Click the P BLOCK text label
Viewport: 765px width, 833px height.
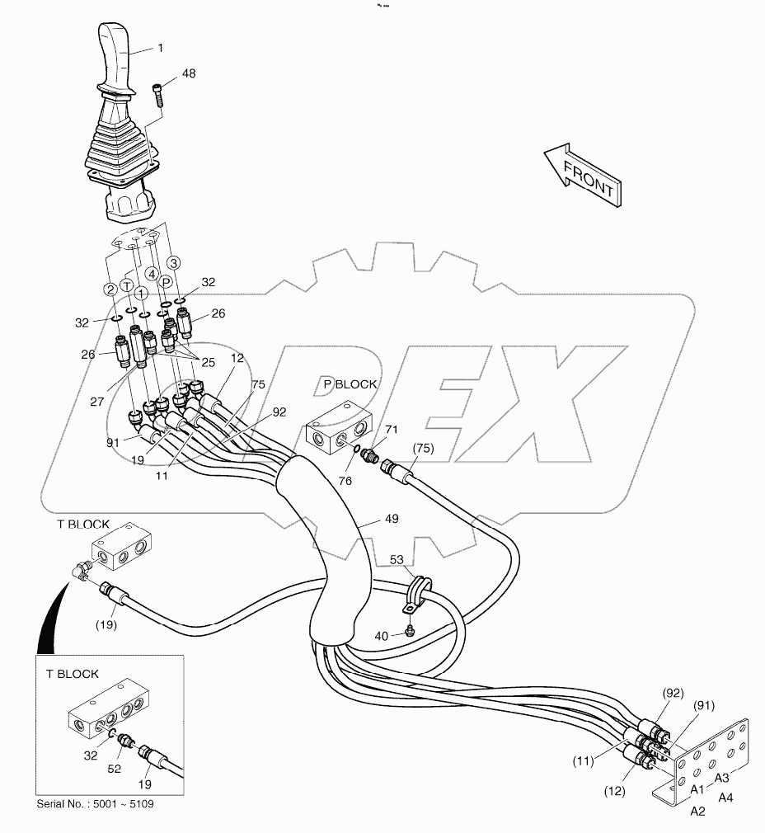click(x=350, y=384)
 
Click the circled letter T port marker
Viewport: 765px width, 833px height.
click(x=127, y=284)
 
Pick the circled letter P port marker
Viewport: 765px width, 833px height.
click(x=166, y=281)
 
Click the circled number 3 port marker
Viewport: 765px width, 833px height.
click(x=173, y=262)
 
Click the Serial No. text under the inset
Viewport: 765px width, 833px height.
click(x=95, y=804)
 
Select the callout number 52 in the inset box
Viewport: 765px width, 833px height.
click(x=115, y=769)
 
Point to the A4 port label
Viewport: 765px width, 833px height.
click(x=726, y=798)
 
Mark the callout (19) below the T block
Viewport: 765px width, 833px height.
click(x=104, y=624)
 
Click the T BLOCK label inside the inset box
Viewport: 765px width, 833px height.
click(x=73, y=674)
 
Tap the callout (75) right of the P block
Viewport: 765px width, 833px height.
click(x=422, y=449)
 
